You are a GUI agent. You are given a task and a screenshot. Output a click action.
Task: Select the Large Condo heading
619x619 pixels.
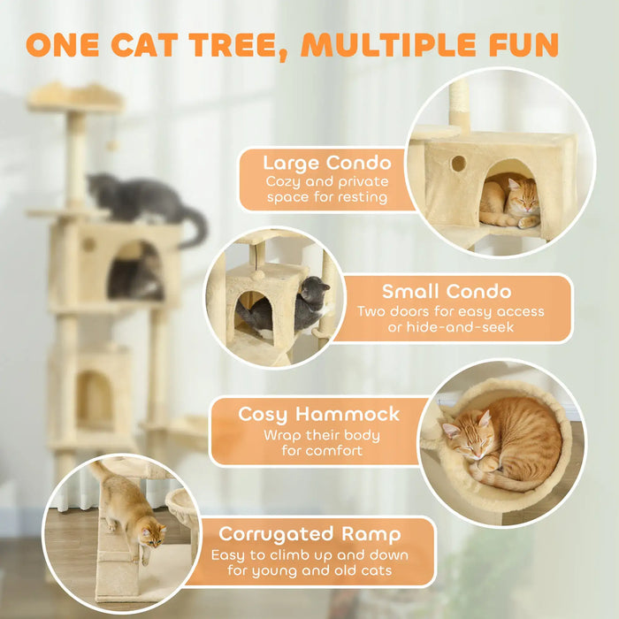[326, 162]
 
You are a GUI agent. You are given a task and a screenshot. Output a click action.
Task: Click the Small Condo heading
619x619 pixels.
[447, 291]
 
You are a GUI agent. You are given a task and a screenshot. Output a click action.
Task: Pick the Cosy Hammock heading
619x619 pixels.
[318, 414]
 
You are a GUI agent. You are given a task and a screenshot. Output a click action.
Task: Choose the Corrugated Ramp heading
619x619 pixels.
[309, 534]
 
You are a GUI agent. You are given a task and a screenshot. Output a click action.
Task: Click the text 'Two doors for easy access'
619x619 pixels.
[450, 311]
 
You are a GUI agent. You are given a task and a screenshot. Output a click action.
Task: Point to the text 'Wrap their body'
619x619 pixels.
[321, 434]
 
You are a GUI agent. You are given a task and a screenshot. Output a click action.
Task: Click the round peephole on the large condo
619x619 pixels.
[458, 164]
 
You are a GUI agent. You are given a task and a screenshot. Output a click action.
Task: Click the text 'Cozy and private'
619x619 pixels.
[325, 181]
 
